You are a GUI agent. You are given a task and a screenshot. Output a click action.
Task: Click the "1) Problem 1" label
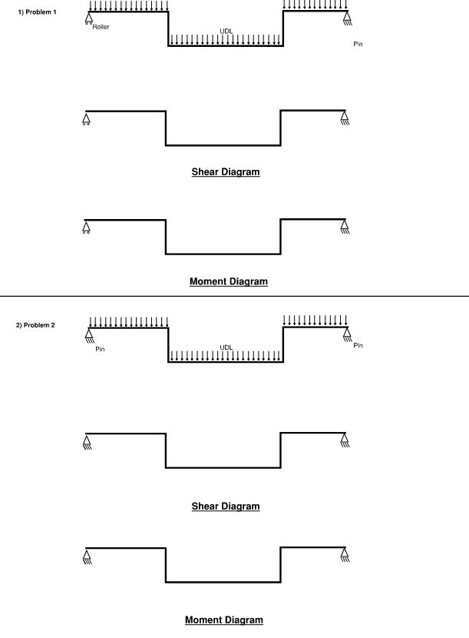click(37, 12)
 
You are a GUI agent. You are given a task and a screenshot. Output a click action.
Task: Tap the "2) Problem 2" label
click(37, 325)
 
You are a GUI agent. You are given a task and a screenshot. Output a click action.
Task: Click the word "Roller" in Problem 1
click(101, 27)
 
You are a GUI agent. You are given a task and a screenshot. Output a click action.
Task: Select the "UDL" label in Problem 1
click(226, 32)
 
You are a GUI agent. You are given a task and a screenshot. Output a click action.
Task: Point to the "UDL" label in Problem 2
click(226, 347)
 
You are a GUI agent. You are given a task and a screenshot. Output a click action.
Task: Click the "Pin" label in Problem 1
click(358, 44)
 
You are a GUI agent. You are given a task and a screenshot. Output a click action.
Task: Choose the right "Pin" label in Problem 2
click(358, 345)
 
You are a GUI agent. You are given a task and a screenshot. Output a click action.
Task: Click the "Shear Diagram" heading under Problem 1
click(226, 172)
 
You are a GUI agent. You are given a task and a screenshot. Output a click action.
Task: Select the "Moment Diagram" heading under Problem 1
click(228, 282)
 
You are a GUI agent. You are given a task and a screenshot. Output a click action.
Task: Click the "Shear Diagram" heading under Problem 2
click(226, 507)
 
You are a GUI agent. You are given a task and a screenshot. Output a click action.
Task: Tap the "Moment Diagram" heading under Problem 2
click(224, 620)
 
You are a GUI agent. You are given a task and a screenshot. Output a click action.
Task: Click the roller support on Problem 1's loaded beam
click(89, 18)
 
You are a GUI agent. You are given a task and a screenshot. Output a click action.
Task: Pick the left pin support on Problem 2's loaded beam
click(89, 334)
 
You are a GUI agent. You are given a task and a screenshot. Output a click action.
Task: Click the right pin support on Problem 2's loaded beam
click(348, 334)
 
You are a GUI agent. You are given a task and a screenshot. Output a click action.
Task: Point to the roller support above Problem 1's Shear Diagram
click(85, 118)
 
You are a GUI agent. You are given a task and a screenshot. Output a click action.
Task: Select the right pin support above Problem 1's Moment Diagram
click(345, 227)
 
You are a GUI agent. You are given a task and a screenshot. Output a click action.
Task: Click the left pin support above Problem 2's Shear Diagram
click(85, 441)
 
